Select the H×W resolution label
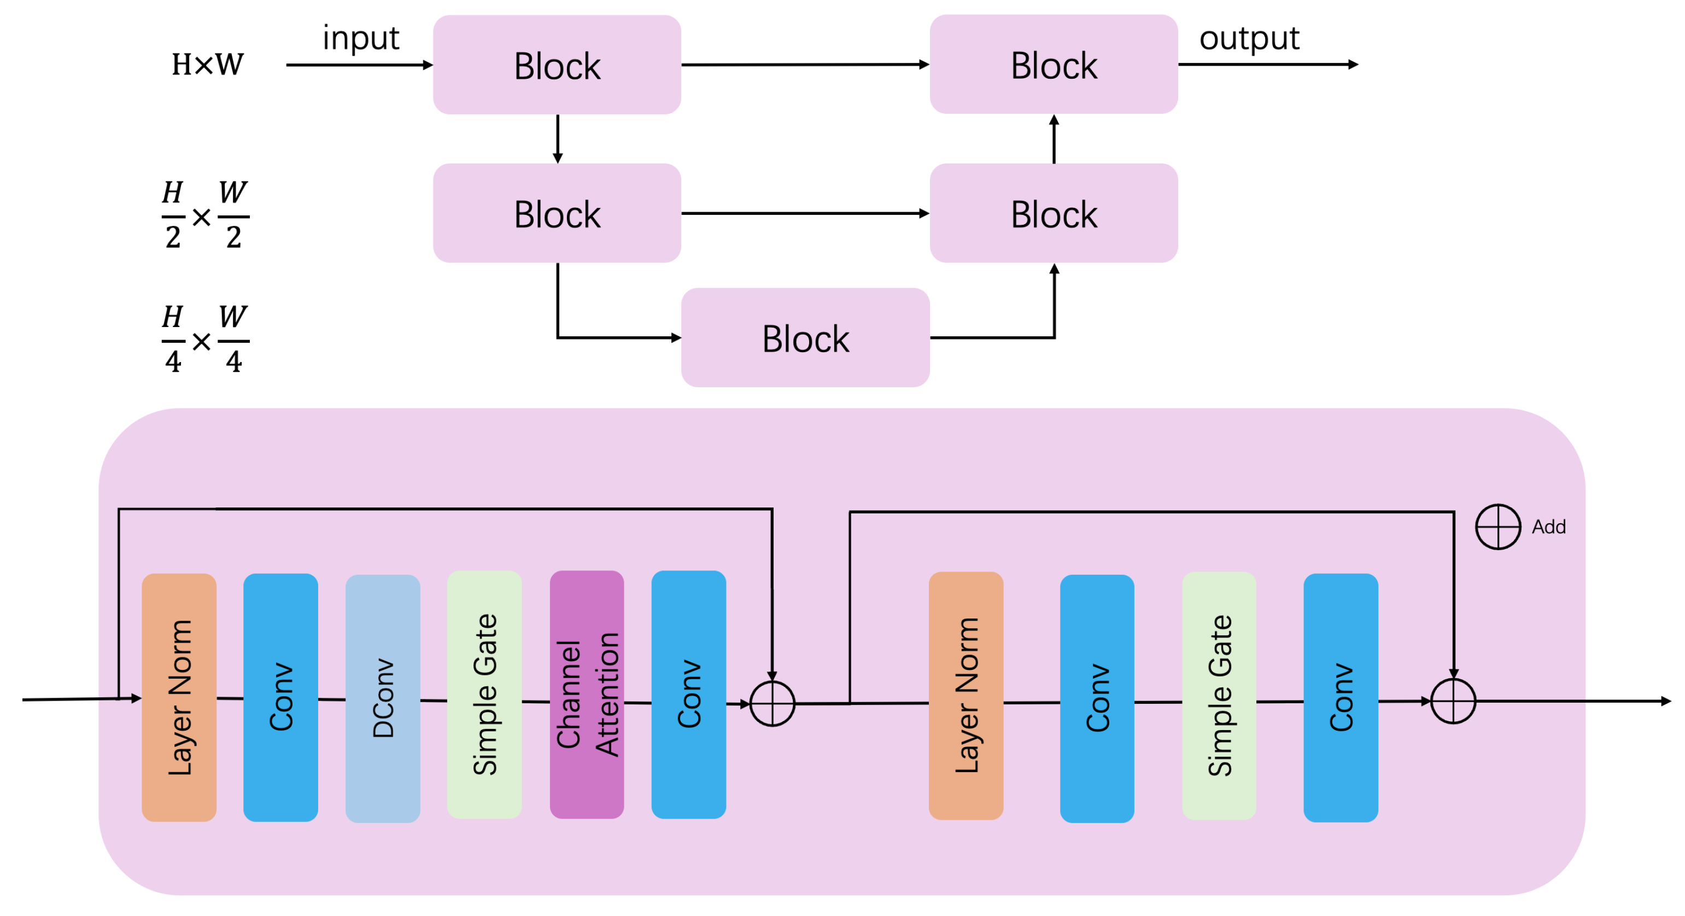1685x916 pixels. click(x=207, y=65)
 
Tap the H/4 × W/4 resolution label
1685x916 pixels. click(x=206, y=339)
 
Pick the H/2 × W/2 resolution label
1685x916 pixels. click(x=206, y=214)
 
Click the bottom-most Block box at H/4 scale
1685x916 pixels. click(x=805, y=337)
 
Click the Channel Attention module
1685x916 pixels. click(x=587, y=695)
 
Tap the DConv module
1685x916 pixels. click(x=383, y=698)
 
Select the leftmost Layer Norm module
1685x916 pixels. click(x=179, y=697)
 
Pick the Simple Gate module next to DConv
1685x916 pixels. click(x=484, y=695)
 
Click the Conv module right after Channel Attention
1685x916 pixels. click(x=688, y=695)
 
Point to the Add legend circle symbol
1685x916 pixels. click(x=1498, y=527)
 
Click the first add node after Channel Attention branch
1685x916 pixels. click(x=772, y=703)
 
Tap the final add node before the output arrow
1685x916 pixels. click(x=1453, y=702)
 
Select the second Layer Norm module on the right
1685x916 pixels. click(x=966, y=696)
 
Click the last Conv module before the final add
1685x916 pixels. click(x=1340, y=697)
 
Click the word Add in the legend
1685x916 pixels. click(x=1548, y=527)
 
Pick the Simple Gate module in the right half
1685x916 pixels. click(x=1219, y=696)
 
